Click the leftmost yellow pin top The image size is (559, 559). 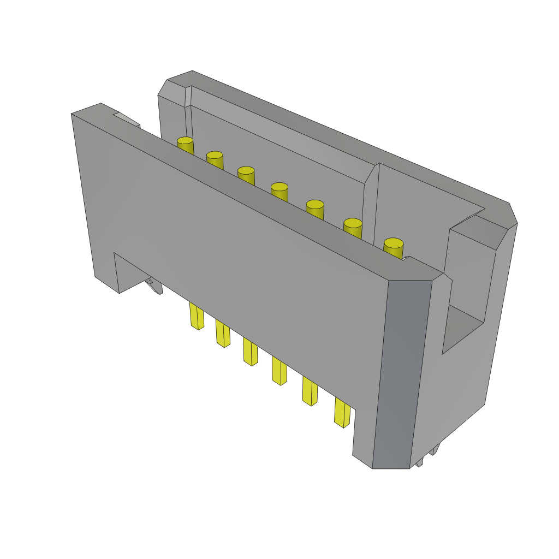point(185,141)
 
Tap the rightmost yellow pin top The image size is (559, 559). point(393,243)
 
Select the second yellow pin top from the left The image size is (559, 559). point(215,155)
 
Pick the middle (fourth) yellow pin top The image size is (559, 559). point(279,187)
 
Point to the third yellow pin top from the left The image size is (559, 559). point(246,170)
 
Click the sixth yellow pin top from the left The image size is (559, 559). point(353,223)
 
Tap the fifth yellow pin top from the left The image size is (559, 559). point(315,204)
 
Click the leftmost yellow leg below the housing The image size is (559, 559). point(197,316)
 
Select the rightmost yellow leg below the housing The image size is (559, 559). point(342,413)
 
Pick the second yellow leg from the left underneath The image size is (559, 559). point(223,334)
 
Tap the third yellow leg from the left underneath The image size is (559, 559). point(250,352)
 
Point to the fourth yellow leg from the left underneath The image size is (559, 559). point(279,371)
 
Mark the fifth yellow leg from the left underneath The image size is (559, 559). point(310,391)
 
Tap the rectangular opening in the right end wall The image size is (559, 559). point(463,328)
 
